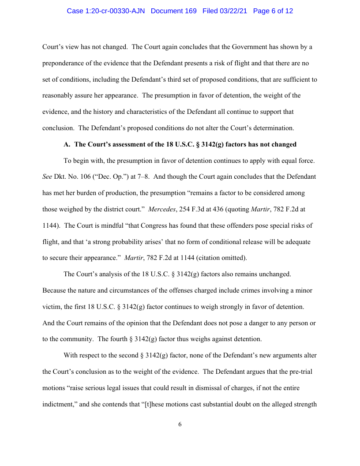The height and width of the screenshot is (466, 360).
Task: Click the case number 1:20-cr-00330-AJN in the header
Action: point(106,11)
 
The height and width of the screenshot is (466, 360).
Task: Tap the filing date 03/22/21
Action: point(235,11)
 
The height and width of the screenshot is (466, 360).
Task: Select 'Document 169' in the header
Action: point(173,11)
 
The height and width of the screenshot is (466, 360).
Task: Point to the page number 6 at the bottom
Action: point(180,425)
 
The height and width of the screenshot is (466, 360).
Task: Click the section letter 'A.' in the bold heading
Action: point(67,144)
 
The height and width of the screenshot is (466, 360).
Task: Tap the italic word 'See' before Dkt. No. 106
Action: point(47,177)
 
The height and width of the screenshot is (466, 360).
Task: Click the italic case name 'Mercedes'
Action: point(161,209)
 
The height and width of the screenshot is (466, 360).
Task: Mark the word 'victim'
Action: point(52,307)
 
